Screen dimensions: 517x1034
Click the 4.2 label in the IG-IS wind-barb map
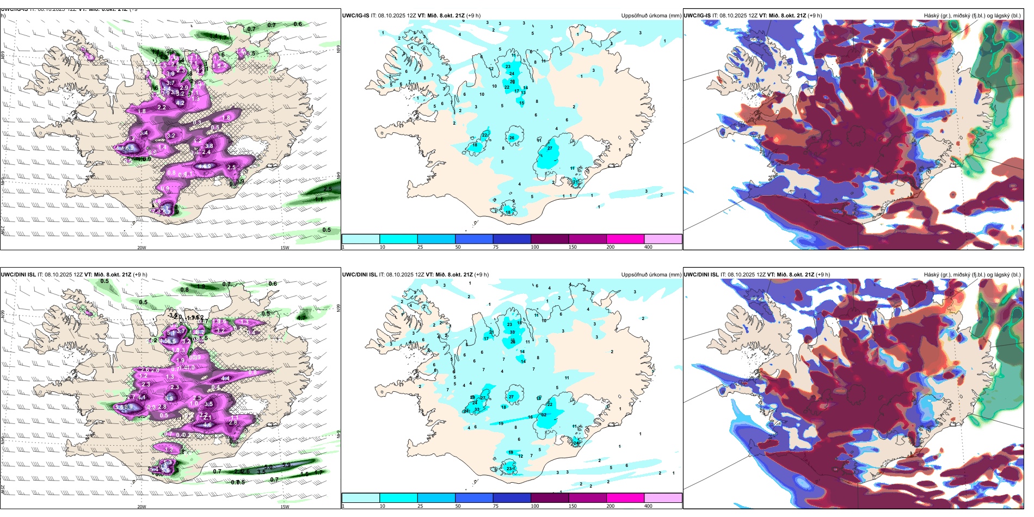click(181, 103)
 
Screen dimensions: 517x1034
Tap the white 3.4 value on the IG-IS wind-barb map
click(144, 133)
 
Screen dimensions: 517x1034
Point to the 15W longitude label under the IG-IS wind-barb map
click(284, 248)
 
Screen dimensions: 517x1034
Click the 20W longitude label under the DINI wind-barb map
click(141, 507)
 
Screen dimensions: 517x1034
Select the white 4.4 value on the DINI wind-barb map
click(225, 378)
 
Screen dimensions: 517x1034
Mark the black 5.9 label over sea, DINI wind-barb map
click(287, 465)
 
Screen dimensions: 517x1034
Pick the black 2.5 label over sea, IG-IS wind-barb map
click(328, 189)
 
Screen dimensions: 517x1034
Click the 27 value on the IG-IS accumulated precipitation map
click(550, 149)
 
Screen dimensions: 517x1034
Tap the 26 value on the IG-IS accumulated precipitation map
click(512, 138)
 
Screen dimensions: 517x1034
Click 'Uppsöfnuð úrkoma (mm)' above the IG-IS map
click(651, 16)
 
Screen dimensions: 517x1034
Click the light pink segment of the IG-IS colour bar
click(663, 239)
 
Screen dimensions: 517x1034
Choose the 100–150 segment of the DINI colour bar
click(550, 498)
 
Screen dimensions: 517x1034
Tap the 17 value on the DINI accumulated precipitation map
click(486, 338)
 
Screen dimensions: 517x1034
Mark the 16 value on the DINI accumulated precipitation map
click(531, 417)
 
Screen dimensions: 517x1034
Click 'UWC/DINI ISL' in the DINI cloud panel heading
click(701, 275)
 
